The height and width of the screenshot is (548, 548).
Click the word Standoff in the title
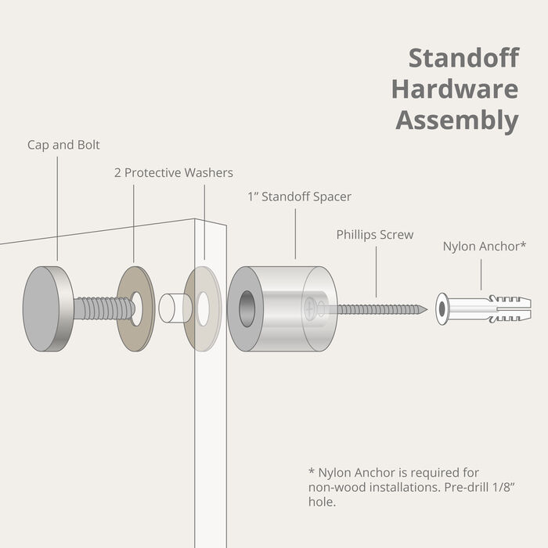tap(464, 59)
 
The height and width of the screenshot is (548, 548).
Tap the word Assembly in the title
tap(456, 121)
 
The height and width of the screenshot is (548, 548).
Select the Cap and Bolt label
tap(63, 145)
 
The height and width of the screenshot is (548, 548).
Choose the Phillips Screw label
tap(375, 234)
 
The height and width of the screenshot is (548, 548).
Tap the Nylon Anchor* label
tap(484, 246)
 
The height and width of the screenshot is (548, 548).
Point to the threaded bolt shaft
tap(102, 308)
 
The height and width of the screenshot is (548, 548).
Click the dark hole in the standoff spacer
tap(247, 308)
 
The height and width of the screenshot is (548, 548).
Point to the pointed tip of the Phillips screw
tap(424, 309)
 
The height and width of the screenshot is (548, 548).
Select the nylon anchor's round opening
tap(442, 308)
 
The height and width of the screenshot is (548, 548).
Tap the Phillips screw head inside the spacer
tap(312, 308)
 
